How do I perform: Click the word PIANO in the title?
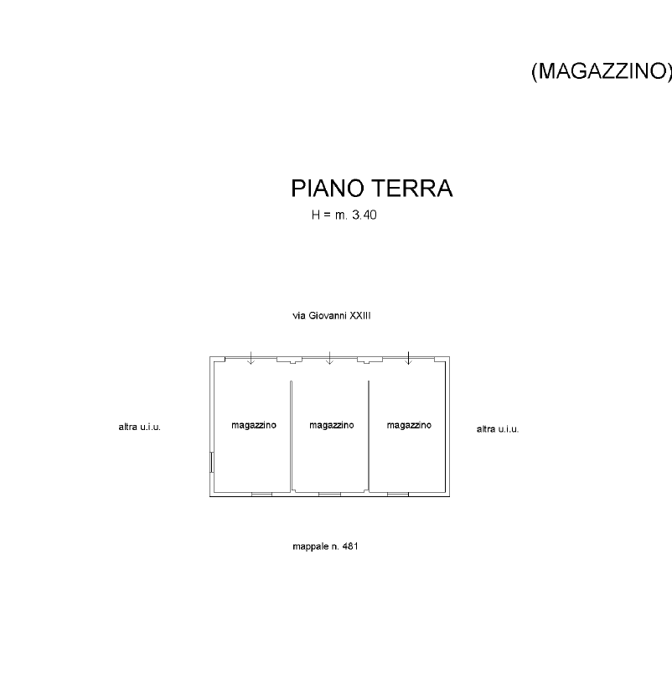pos(327,189)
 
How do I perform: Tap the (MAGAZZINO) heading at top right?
pos(602,72)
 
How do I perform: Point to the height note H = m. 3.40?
pos(344,215)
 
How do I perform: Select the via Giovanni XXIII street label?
pos(331,316)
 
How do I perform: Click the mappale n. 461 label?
pos(325,547)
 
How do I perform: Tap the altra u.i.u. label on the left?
pos(138,428)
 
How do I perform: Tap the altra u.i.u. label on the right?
pos(498,429)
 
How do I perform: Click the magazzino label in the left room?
pos(254,425)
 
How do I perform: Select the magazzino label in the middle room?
pos(331,425)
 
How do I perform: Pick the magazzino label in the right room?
pos(409,425)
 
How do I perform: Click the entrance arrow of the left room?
pos(251,358)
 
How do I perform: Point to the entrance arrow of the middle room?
pos(329,358)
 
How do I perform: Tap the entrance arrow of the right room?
pos(408,358)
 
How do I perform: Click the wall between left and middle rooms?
pos(291,436)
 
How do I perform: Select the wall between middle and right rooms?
pos(369,436)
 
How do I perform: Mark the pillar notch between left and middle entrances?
pos(289,360)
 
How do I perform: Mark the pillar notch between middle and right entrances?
pos(369,360)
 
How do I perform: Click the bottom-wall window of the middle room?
pos(329,495)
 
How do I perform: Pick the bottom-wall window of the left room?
pos(261,495)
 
